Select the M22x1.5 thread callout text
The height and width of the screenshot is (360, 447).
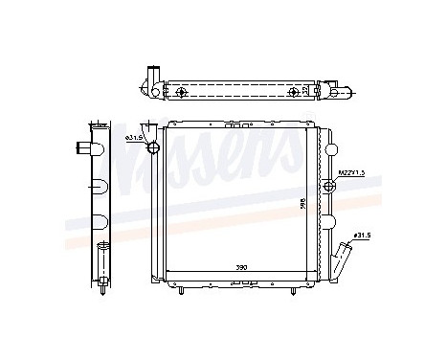351,172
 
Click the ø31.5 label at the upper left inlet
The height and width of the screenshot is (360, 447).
133,140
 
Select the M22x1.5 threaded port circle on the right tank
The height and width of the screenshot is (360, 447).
330,185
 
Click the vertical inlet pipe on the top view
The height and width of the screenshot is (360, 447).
150,79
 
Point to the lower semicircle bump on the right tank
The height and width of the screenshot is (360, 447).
329,222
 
